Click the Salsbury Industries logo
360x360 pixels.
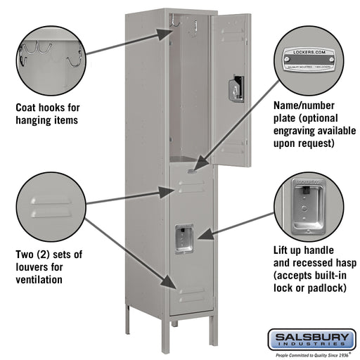pyautogui.click(x=310, y=341)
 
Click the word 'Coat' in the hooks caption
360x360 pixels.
pyautogui.click(x=27, y=108)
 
